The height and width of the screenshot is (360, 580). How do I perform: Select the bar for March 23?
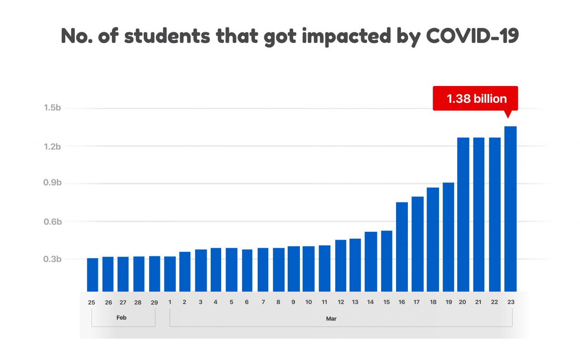(x=510, y=208)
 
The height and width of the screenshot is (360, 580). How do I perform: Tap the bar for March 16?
(x=402, y=247)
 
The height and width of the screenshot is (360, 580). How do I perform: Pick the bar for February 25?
(x=92, y=274)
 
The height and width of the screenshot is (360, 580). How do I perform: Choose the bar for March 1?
(x=170, y=274)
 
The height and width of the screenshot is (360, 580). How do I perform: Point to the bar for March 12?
(x=341, y=265)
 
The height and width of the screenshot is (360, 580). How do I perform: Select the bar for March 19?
(x=448, y=237)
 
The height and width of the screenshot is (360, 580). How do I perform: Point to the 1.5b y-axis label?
(x=52, y=108)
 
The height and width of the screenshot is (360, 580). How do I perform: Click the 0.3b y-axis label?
(x=52, y=259)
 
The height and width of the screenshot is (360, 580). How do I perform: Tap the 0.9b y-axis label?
(x=52, y=183)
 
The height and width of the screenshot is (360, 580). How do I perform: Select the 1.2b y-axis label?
(x=52, y=146)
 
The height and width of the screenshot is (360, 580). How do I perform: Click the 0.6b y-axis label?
(x=52, y=221)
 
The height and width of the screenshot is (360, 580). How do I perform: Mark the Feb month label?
(x=121, y=318)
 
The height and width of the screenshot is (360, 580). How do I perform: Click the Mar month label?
(x=331, y=319)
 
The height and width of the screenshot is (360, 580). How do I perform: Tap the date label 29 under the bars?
(x=154, y=302)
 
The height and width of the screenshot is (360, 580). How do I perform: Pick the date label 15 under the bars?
(x=387, y=302)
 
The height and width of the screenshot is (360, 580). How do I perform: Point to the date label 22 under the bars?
(x=495, y=302)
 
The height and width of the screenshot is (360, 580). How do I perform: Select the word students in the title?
(x=167, y=36)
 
